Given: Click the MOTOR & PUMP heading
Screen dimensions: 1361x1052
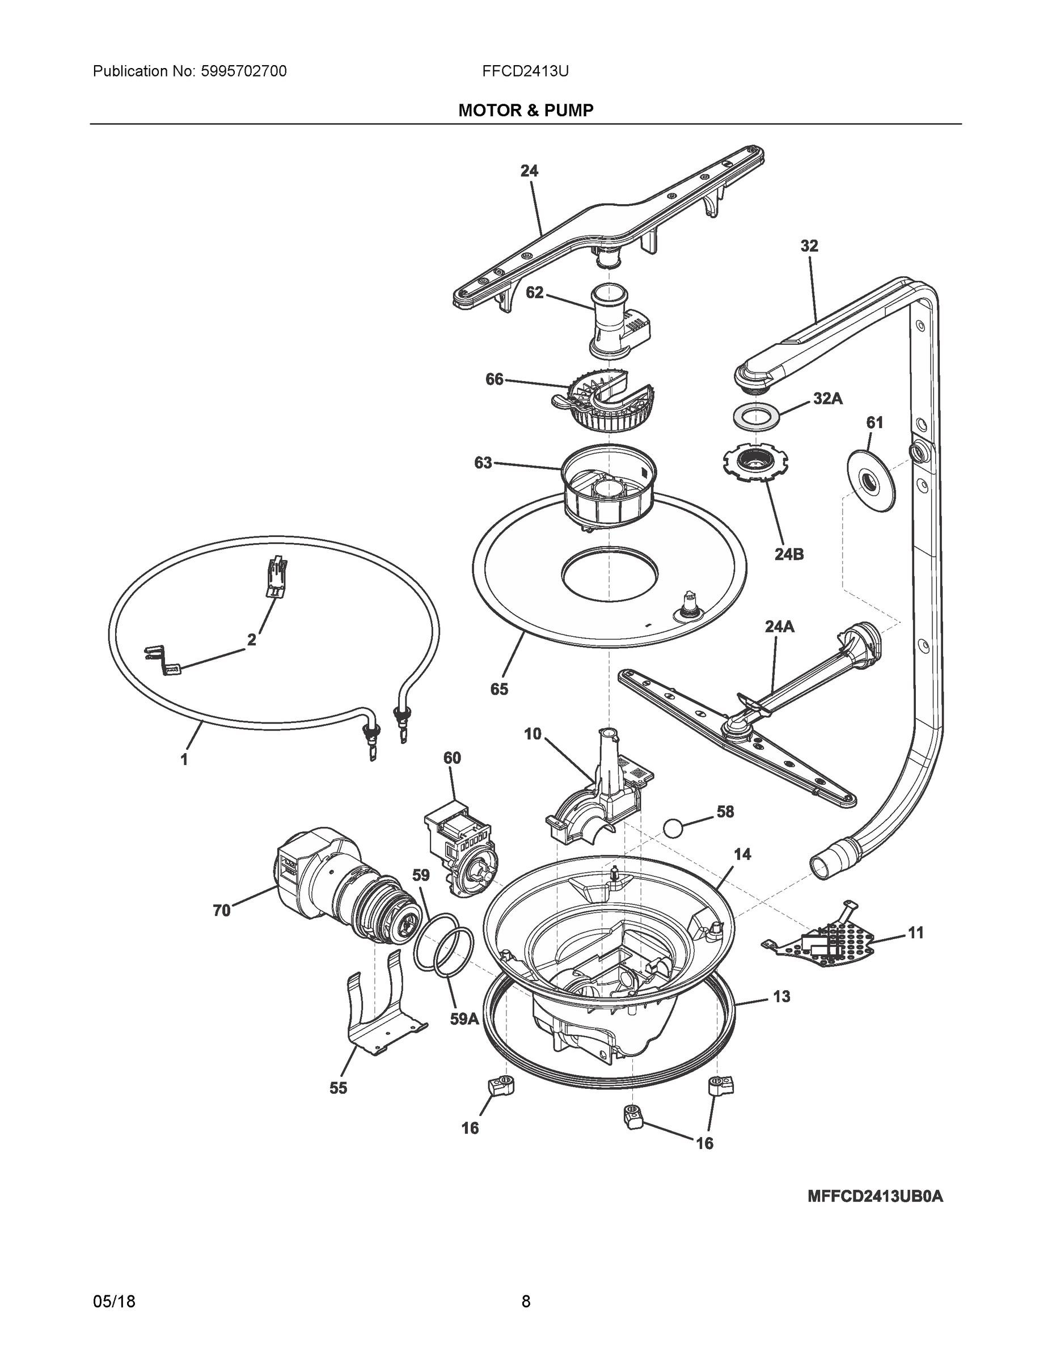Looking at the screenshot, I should coord(525,111).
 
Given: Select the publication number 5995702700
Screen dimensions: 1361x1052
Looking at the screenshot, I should coord(244,71).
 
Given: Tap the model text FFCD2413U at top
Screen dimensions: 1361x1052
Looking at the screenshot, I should coord(525,71).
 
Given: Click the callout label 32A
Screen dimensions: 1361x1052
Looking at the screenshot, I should coord(827,399).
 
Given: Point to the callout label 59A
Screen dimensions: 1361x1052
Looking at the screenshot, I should coord(464,1020).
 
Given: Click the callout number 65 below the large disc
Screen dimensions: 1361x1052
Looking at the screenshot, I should coord(498,688).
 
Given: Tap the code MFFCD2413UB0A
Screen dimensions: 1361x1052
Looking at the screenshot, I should coord(875,1197).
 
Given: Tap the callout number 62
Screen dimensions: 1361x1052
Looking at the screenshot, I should coord(534,292).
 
